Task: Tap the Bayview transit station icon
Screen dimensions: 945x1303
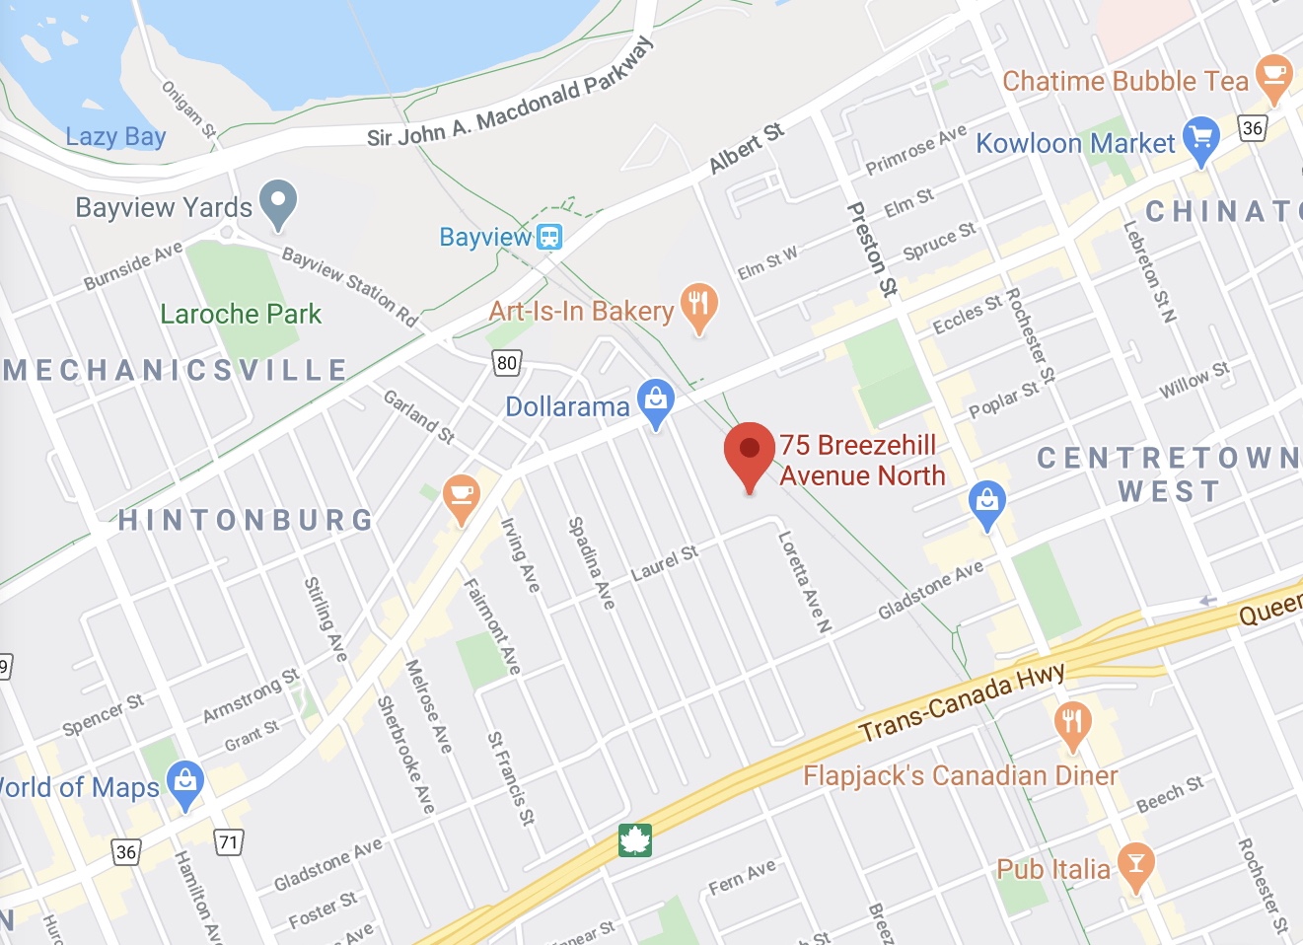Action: click(x=549, y=237)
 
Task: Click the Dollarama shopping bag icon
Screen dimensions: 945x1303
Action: click(x=656, y=400)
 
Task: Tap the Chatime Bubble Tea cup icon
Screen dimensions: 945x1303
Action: click(x=1273, y=76)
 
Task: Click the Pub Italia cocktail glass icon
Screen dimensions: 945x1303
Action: click(x=1135, y=865)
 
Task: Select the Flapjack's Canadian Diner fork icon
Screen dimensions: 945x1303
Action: click(x=1072, y=722)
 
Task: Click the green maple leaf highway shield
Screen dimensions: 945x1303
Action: click(x=635, y=840)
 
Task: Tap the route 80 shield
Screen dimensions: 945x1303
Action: click(x=507, y=362)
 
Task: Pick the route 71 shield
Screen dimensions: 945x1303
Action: click(x=229, y=841)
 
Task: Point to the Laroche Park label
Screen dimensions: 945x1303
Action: click(x=241, y=315)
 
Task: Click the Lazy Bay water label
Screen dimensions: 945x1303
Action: click(x=115, y=136)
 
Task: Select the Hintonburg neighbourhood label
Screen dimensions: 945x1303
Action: click(x=246, y=520)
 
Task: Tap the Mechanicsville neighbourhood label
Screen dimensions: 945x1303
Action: click(x=176, y=370)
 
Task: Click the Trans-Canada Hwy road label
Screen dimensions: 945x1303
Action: click(x=962, y=700)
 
